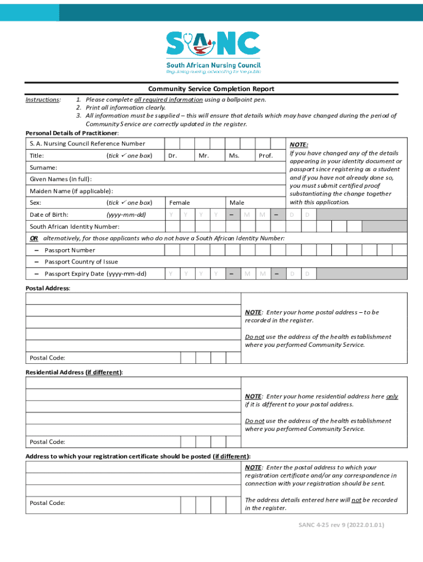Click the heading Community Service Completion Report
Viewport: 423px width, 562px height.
coord(211,89)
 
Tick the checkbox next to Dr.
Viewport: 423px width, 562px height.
coord(187,156)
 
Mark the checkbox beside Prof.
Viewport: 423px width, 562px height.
coord(279,156)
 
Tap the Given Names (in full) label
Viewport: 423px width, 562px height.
coord(60,179)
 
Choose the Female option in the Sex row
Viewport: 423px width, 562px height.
coord(180,203)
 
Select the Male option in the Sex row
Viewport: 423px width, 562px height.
coord(237,203)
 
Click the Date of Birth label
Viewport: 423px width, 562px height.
coord(49,215)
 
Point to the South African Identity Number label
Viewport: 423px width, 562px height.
coord(74,227)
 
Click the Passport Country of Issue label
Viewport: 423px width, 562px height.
coord(81,262)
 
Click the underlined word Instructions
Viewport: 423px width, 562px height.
coord(43,100)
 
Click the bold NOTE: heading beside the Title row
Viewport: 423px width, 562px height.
coord(299,144)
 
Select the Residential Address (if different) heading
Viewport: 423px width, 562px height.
coord(74,372)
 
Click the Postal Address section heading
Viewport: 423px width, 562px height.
coord(48,288)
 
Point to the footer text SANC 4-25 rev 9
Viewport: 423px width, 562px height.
coord(341,525)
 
